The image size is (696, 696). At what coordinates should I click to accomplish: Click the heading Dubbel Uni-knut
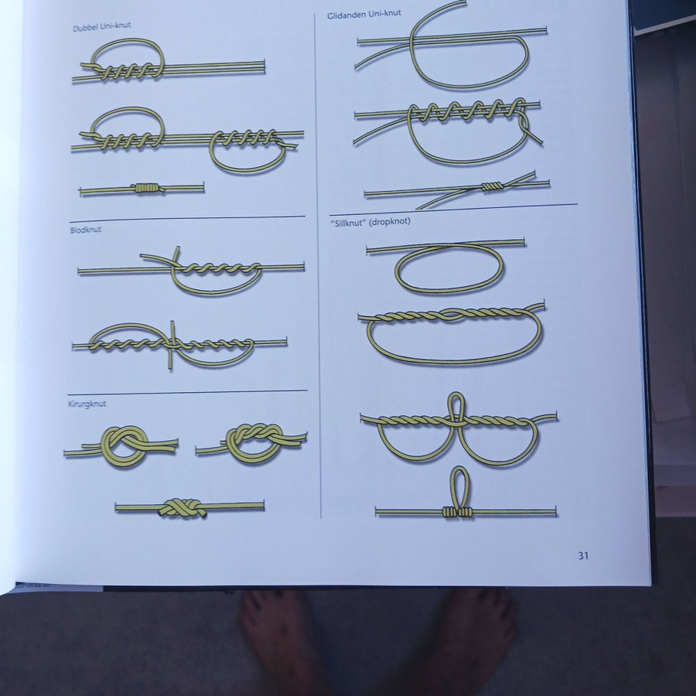101,26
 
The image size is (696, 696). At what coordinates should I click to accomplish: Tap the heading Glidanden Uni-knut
364,14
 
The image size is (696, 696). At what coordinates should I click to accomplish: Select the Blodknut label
86,230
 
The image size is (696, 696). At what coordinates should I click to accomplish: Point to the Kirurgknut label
87,404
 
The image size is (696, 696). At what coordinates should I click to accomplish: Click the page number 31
583,555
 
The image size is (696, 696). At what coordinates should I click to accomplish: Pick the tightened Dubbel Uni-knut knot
146,188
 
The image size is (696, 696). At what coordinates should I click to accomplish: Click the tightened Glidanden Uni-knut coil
493,186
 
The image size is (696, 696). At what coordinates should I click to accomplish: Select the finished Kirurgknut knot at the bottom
183,508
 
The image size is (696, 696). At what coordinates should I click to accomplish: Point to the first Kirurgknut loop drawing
121,445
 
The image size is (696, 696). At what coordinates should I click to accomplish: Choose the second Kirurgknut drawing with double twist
251,442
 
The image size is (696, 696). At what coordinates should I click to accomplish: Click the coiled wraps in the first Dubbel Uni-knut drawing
128,71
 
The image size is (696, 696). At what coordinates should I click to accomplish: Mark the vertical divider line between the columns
318,265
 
